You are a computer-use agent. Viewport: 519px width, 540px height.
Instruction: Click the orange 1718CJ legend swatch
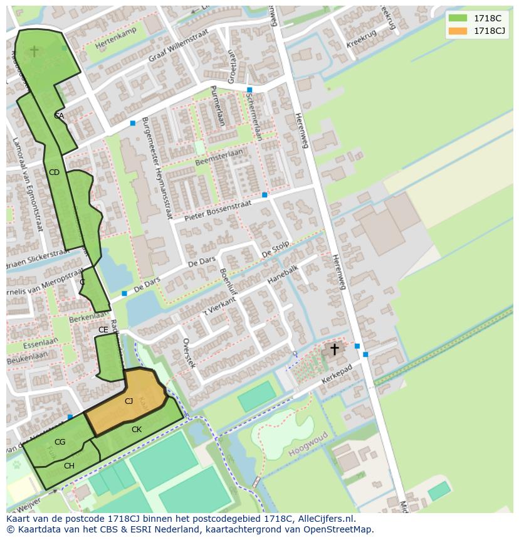[458, 31]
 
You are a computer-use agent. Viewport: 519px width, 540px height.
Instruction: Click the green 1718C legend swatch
[458, 18]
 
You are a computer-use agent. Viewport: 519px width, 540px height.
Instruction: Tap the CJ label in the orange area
[128, 401]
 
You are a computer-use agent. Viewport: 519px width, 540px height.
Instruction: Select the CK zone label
[137, 430]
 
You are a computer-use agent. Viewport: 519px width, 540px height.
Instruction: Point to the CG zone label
[60, 442]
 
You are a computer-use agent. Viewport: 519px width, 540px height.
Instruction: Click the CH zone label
[69, 465]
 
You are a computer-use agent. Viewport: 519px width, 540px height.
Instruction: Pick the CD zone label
[54, 172]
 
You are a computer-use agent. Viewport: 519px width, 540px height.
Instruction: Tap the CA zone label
[59, 115]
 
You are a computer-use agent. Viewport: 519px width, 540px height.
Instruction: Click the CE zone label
[103, 329]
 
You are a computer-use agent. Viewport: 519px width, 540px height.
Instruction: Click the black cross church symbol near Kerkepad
[335, 349]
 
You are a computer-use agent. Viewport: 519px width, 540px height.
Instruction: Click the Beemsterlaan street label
[219, 157]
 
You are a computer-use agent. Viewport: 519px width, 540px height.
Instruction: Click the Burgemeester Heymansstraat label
[156, 167]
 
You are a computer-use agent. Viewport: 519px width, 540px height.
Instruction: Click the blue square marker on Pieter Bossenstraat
[265, 195]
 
